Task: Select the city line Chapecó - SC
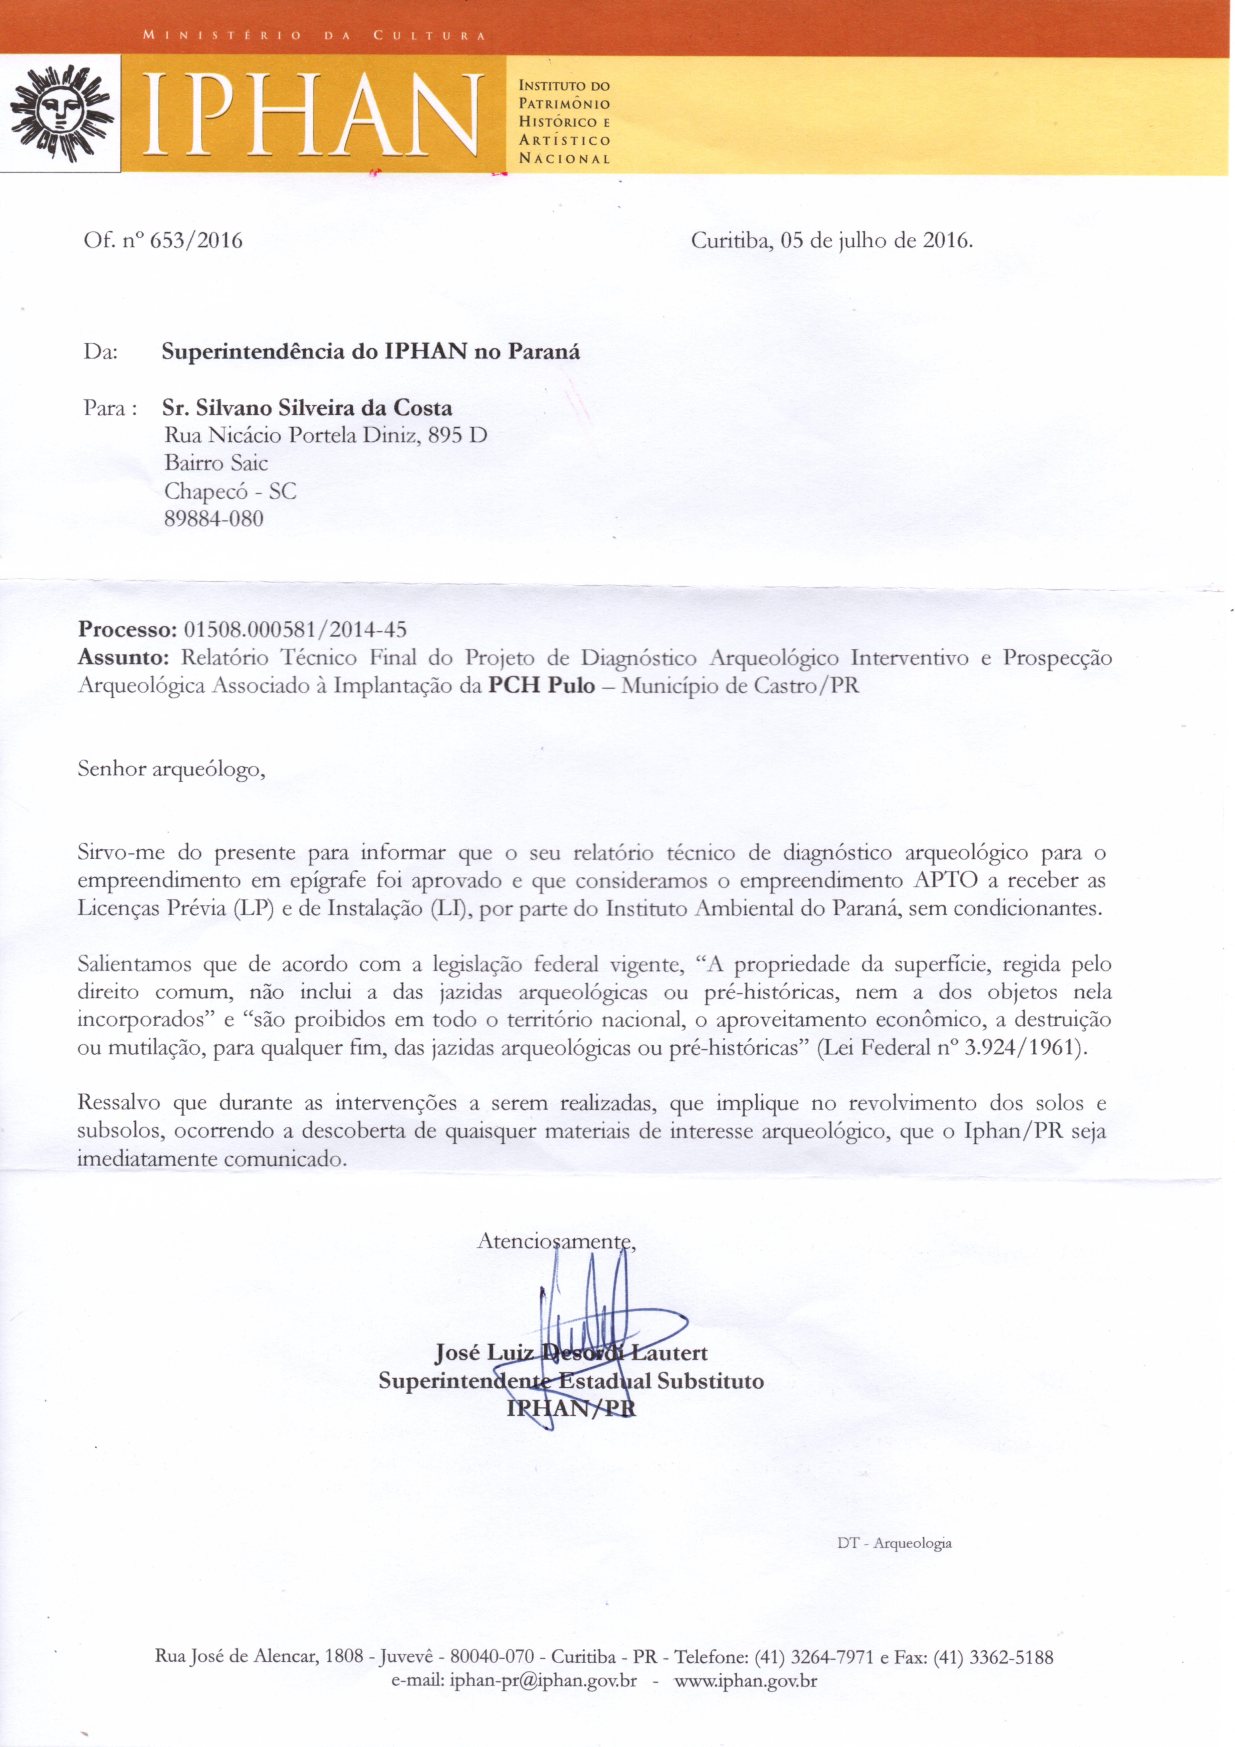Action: [x=230, y=492]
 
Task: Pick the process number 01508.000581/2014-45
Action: [x=295, y=629]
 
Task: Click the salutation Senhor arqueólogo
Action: [x=171, y=769]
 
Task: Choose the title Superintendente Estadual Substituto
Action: [x=571, y=1381]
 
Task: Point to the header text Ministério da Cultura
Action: [x=314, y=35]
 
